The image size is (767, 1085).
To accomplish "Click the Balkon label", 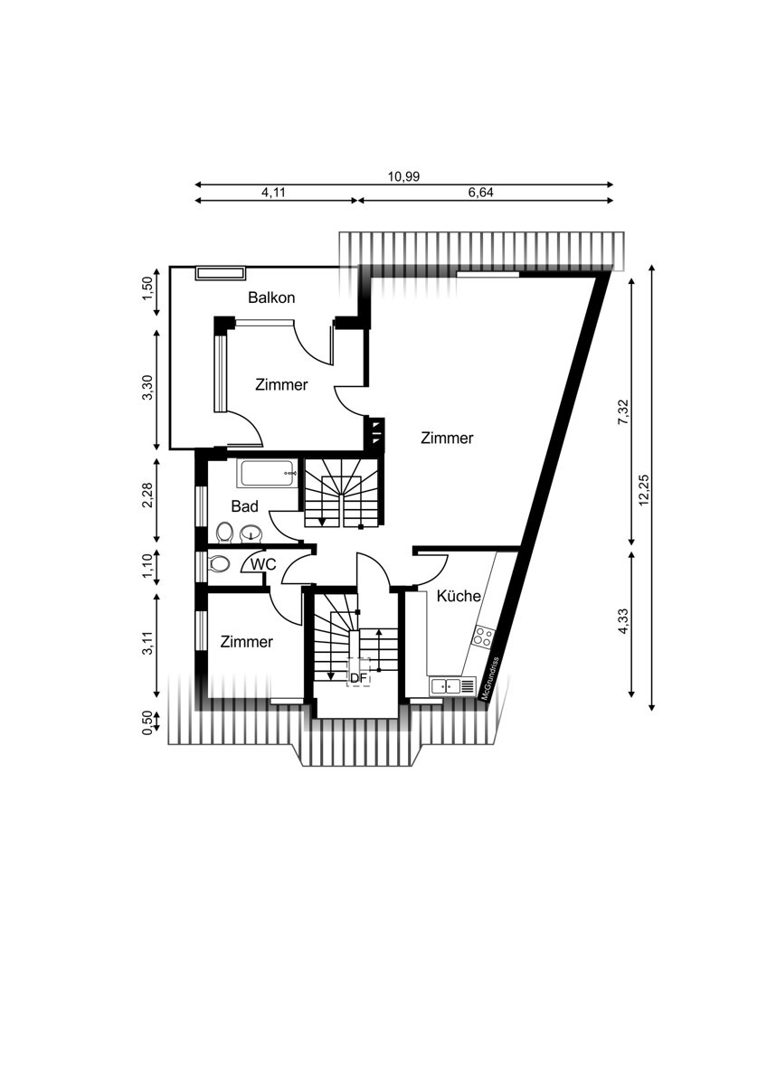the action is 271,297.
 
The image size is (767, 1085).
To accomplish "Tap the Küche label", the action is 459,596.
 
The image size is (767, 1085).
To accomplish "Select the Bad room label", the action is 244,506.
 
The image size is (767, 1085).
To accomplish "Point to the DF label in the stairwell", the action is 358,678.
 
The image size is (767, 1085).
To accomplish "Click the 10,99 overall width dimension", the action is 403,177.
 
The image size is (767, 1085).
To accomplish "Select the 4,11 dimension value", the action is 274,193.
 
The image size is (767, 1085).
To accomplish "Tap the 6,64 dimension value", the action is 480,193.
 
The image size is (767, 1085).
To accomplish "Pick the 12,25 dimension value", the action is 643,490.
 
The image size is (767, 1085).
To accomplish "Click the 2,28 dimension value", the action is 148,495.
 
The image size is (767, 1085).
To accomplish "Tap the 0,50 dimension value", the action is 147,723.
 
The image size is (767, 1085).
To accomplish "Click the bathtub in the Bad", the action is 267,474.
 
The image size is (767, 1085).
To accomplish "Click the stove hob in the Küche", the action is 484,636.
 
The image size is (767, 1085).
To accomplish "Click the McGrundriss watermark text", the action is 489,678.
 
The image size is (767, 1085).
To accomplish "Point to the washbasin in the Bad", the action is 251,533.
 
